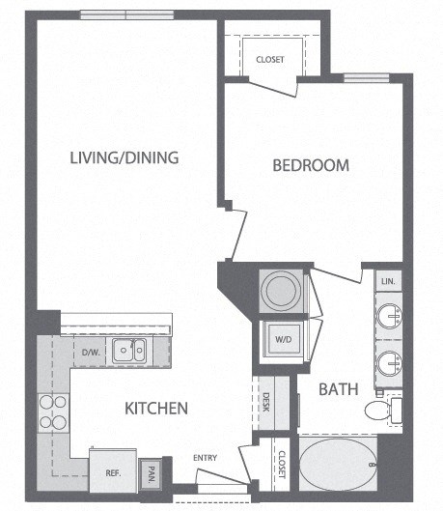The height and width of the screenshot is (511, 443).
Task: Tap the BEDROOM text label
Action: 310,165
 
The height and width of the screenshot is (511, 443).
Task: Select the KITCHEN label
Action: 155,408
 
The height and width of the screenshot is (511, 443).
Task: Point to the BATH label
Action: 339,389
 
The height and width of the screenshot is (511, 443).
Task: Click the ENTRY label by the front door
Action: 205,458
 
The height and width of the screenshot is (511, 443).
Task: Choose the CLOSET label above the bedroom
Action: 270,60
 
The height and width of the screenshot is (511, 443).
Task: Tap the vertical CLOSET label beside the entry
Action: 281,467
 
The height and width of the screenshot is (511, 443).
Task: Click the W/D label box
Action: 282,340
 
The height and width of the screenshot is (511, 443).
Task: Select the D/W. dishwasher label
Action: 92,352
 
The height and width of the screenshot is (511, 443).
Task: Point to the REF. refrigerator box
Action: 112,472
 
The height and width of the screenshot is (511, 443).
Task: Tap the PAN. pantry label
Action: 152,474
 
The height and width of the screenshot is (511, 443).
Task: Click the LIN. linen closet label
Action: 389,281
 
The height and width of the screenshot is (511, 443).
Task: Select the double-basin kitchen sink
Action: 128,350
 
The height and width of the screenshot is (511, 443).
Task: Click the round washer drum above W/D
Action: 282,290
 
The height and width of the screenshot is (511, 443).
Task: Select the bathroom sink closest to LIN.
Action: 389,316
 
